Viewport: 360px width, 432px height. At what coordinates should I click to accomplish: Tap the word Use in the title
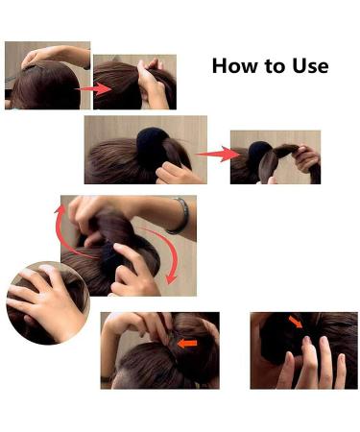coord(309,66)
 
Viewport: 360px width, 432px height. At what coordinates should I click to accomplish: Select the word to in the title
coord(272,66)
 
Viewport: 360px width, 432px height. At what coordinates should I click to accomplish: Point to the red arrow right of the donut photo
coord(217,152)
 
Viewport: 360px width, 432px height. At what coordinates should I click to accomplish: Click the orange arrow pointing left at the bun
coord(188,342)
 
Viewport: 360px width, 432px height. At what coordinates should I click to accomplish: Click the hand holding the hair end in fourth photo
coord(305,157)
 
